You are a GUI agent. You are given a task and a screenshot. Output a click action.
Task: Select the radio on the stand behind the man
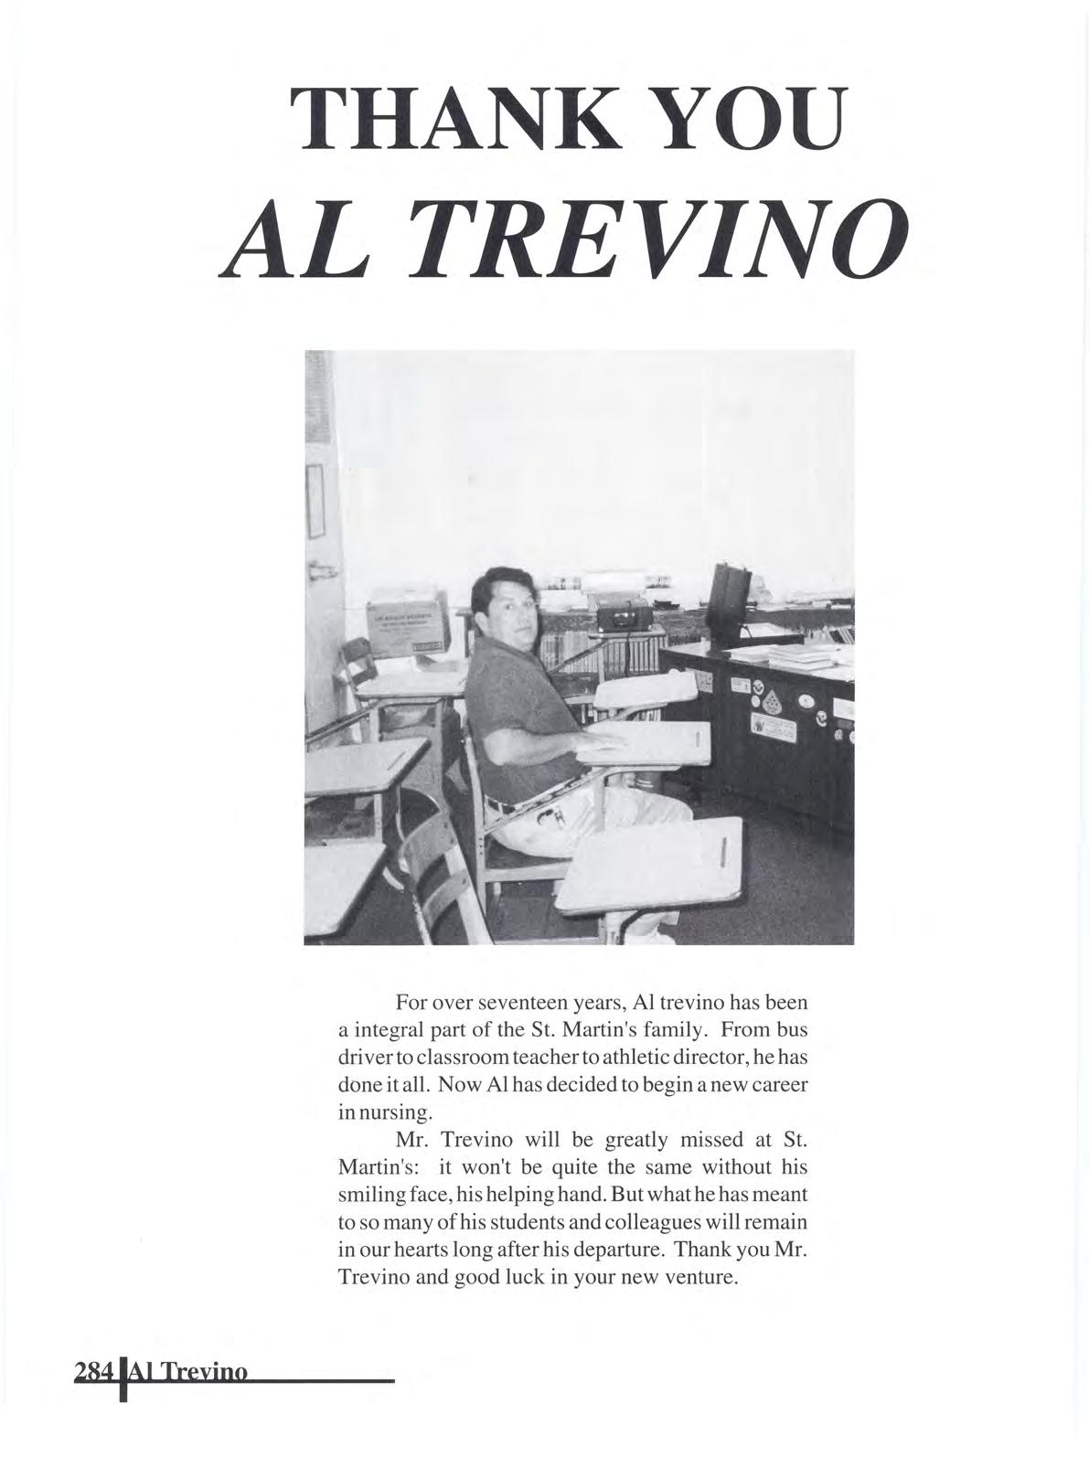[x=630, y=617]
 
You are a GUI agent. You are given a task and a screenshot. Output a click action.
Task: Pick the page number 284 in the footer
[x=94, y=1399]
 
